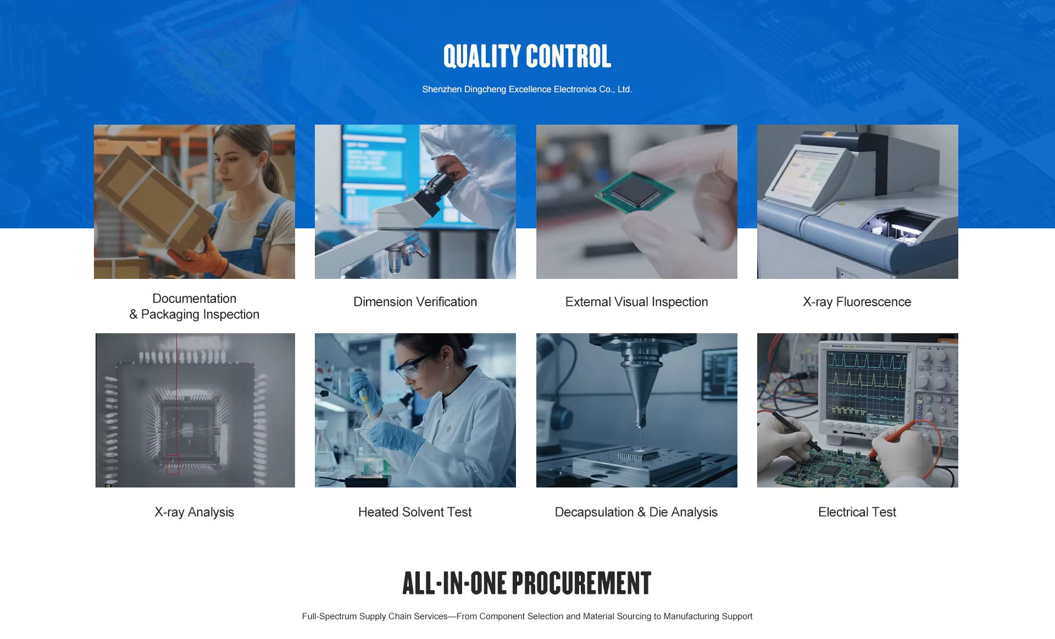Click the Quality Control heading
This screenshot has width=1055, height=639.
(527, 57)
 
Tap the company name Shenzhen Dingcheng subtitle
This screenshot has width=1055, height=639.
(527, 89)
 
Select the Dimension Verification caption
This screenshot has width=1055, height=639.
(415, 302)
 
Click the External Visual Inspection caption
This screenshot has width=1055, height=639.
(636, 302)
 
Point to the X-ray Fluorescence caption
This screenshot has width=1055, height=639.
(857, 302)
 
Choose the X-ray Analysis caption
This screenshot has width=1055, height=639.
(194, 512)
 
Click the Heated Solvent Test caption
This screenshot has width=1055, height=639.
(415, 512)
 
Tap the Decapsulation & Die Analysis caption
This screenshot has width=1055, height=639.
(636, 512)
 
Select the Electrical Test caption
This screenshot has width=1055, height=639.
(857, 512)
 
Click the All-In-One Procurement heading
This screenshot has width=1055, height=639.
(527, 583)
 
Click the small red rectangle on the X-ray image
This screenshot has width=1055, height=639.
(173, 464)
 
